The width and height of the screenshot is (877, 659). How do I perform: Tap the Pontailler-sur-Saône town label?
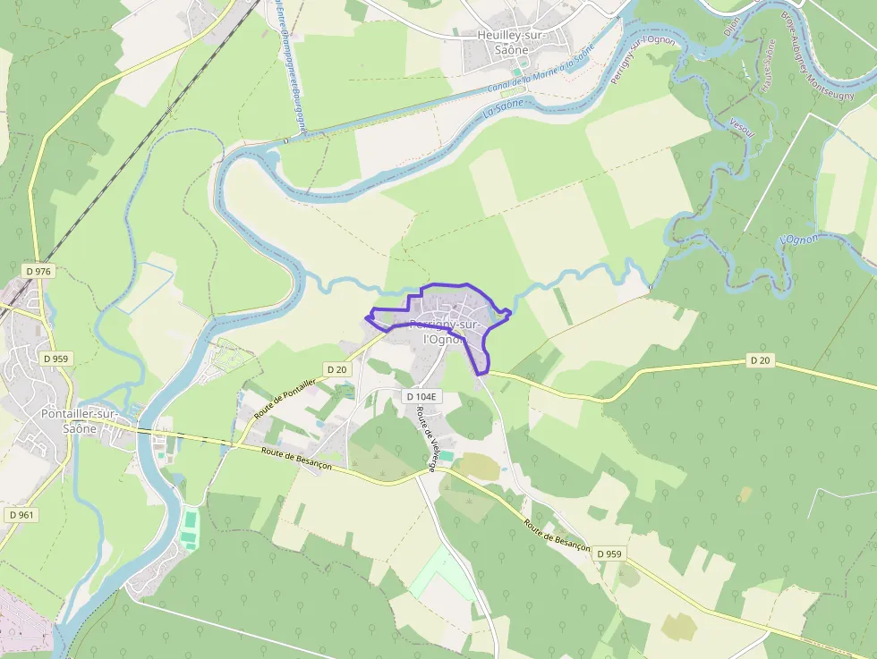[79, 420]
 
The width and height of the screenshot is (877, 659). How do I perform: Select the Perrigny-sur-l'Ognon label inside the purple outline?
[443, 332]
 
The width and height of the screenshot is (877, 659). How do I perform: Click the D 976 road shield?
[38, 271]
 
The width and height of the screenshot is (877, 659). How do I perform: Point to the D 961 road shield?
[21, 514]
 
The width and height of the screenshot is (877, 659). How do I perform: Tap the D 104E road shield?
[420, 396]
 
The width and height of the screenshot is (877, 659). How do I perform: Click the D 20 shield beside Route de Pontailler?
[336, 368]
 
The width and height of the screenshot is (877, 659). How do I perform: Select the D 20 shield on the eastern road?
[759, 359]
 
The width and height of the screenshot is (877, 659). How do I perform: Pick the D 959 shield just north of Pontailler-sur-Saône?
[55, 359]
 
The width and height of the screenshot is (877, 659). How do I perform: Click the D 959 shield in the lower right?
[609, 553]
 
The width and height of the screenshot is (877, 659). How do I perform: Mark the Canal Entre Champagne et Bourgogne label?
[293, 67]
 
